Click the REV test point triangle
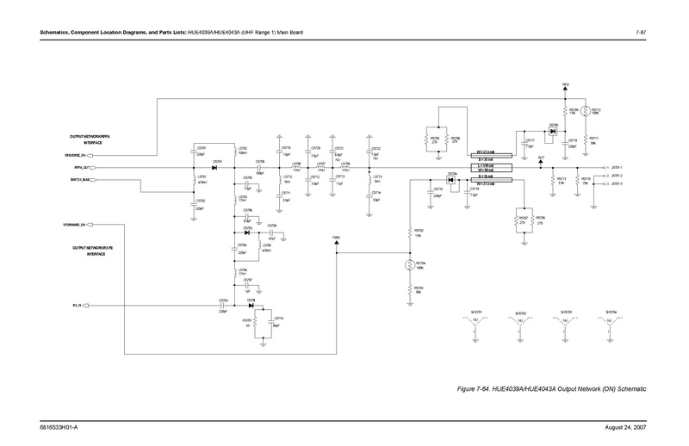[566, 89]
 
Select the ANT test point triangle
[542, 162]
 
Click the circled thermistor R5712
[586, 113]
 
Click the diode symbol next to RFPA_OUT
[214, 167]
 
